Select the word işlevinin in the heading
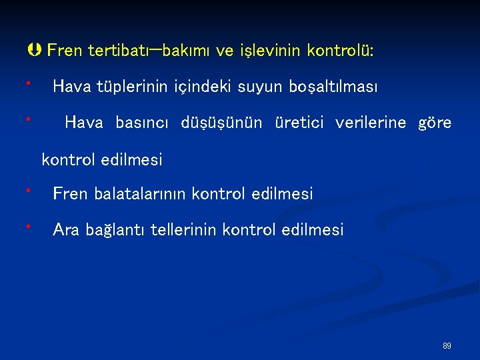tap(275, 51)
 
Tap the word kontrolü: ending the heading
tap(340, 51)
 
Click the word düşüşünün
tap(222, 123)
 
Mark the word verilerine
tap(371, 123)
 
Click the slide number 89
tap(447, 346)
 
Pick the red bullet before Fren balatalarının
tap(29, 190)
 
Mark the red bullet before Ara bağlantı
tap(29, 227)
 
